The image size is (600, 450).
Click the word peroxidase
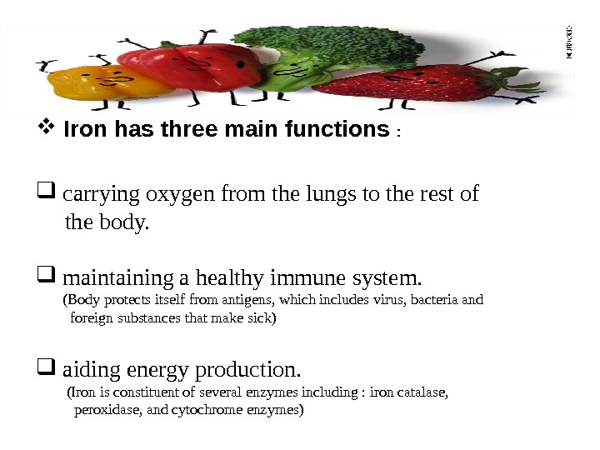pos(103,410)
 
